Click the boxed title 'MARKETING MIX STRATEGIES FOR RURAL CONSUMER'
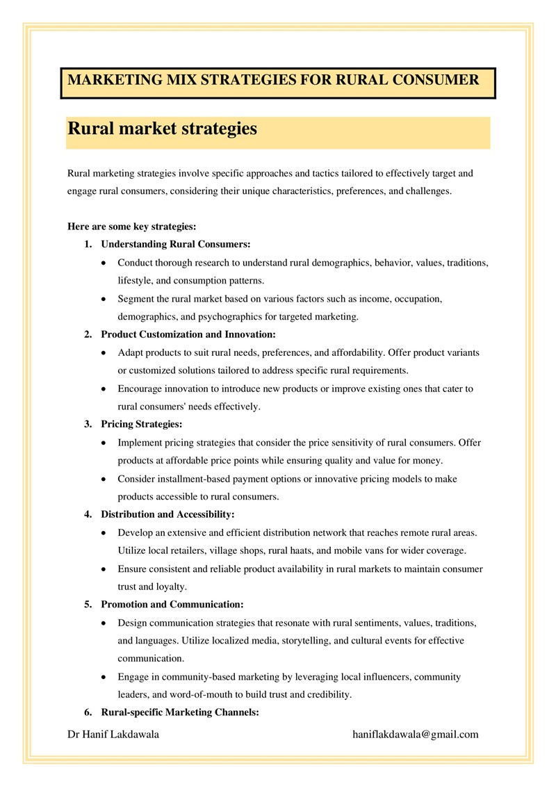point(273,80)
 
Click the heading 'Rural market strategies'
point(163,129)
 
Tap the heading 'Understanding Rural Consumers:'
point(175,245)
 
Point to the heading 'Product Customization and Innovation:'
point(188,334)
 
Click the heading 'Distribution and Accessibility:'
point(167,515)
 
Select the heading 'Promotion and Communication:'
point(172,605)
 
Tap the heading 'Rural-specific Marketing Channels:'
point(180,712)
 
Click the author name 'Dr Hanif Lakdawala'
point(113,735)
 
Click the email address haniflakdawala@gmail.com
point(416,735)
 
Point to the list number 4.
point(88,515)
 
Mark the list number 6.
point(88,712)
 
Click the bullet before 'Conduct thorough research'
point(104,263)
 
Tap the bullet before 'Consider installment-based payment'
point(104,480)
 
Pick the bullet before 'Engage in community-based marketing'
point(104,677)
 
